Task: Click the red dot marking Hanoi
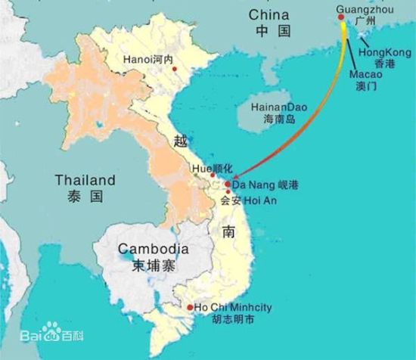point(175,69)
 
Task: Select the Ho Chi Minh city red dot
point(189,307)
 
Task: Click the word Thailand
point(84,180)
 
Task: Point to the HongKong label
point(376,51)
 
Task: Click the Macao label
point(365,76)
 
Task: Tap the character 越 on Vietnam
point(179,141)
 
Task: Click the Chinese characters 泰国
point(84,197)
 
